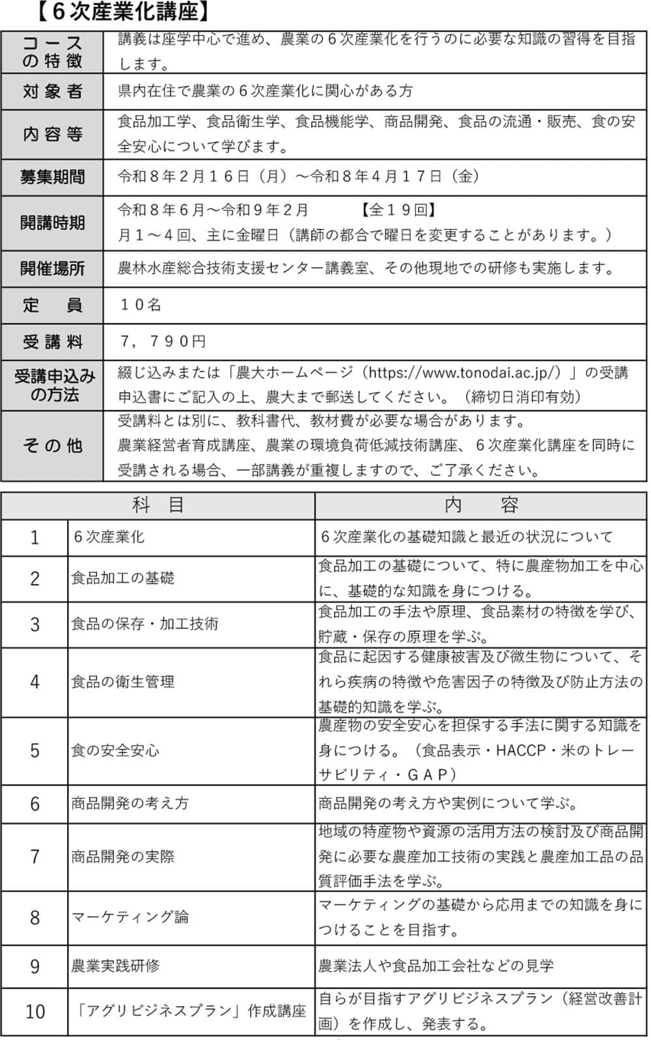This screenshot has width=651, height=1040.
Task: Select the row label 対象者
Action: [x=52, y=91]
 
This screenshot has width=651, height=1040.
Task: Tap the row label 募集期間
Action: [x=52, y=177]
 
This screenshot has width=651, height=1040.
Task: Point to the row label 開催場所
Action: [x=52, y=268]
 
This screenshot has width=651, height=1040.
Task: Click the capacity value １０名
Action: [x=141, y=305]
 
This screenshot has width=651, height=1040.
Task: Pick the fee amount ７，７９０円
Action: [x=163, y=341]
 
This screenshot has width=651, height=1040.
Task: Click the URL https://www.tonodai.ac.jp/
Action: [x=464, y=372]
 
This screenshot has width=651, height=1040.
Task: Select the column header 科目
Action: [x=158, y=505]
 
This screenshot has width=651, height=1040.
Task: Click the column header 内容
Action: [x=481, y=505]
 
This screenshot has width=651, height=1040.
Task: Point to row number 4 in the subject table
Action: [x=35, y=682]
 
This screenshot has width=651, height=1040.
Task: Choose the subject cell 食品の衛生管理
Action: [x=122, y=682]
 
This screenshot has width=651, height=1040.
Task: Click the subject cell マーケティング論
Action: [x=130, y=918]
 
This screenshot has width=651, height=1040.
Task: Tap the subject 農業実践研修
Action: [x=115, y=965]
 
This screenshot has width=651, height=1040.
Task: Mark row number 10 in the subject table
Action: [x=35, y=1011]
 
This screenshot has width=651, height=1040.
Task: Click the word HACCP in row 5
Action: [x=520, y=750]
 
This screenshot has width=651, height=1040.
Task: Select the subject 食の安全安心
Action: [x=115, y=750]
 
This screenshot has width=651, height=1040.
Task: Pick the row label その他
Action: [x=52, y=445]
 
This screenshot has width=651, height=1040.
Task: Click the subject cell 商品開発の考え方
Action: [x=130, y=803]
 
